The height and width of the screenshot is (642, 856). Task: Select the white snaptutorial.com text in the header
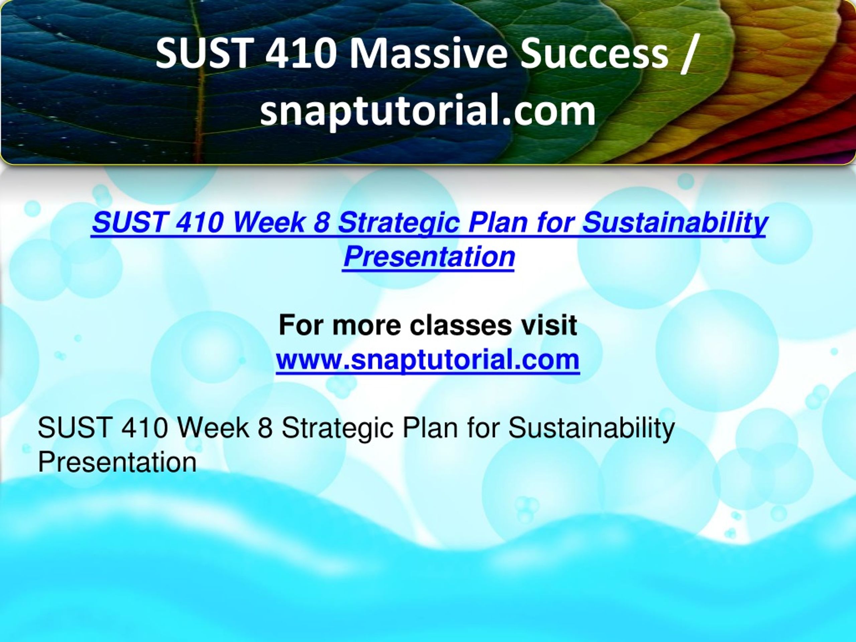(428, 111)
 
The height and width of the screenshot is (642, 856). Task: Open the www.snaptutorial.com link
(428, 360)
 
